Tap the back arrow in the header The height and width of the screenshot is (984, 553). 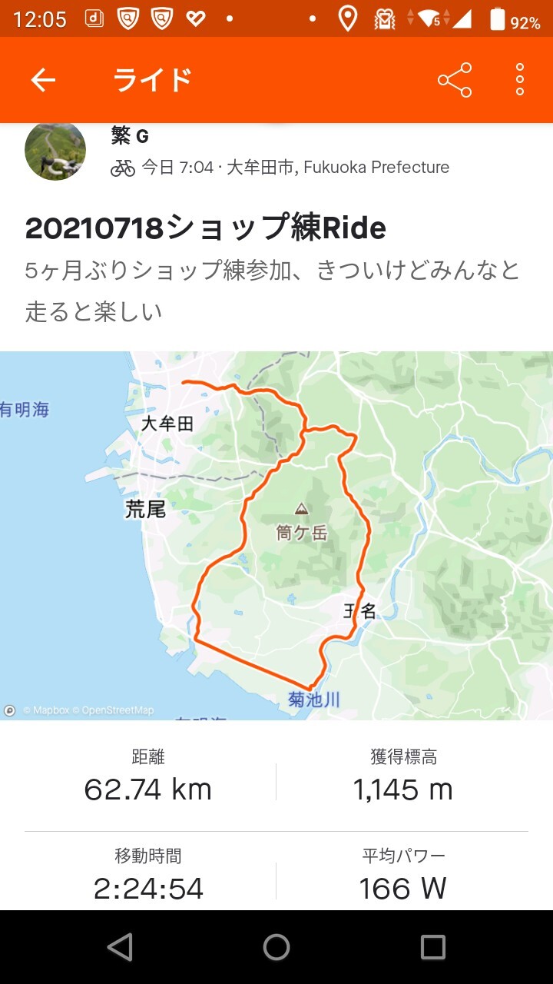point(43,80)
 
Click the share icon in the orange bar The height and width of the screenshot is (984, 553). point(455,80)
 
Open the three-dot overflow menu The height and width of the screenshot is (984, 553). point(520,80)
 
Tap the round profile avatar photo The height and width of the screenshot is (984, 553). point(55,149)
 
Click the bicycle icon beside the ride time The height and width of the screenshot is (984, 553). point(123,168)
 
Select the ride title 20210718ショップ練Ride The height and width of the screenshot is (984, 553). point(205,228)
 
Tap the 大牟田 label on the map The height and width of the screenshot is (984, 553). point(167,424)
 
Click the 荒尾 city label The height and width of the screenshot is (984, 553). point(145,509)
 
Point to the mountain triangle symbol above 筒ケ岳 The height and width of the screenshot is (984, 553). point(301,509)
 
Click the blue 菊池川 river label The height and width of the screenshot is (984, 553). point(313,699)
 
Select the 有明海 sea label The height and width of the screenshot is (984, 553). point(25,410)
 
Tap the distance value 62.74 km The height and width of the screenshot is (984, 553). point(147,790)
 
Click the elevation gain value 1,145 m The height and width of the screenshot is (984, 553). point(402,790)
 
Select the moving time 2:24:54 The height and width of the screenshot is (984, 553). point(148,889)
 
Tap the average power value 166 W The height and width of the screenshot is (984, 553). point(402,889)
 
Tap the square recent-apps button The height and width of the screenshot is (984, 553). point(432,947)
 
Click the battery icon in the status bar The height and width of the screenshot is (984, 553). point(498,20)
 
